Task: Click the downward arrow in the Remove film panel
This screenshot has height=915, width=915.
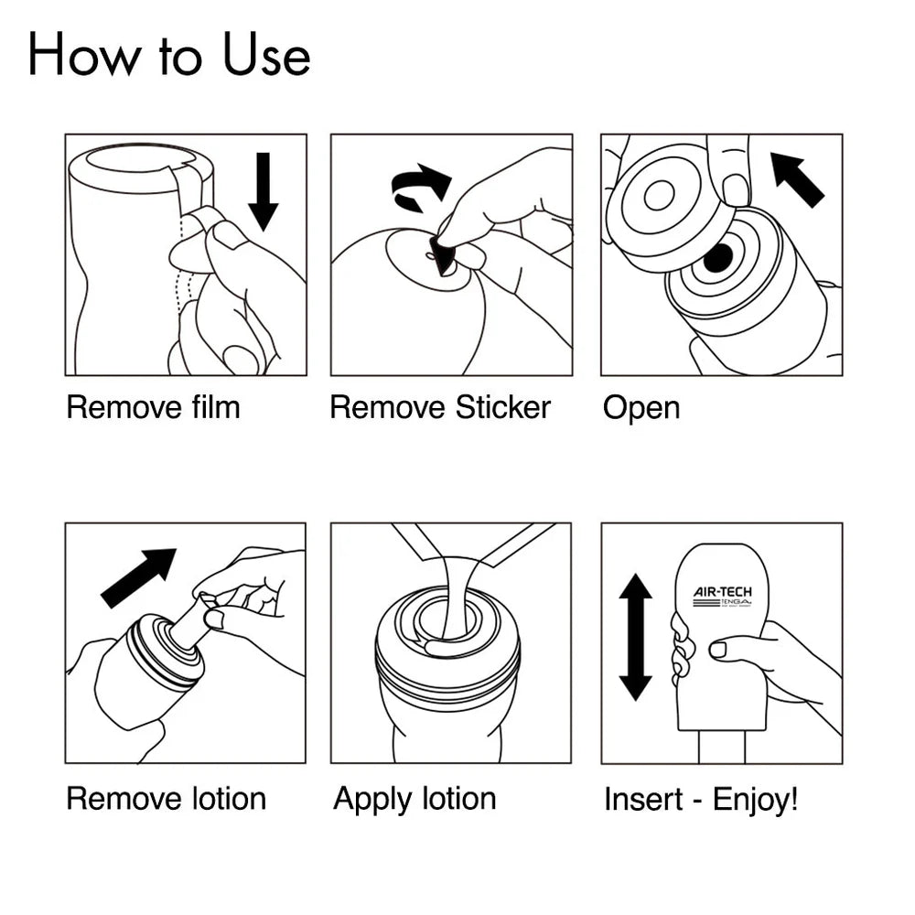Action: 264,190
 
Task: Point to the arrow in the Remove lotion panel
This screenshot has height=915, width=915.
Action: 138,577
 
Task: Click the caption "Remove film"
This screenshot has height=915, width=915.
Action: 153,407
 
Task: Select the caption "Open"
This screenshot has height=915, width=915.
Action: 641,408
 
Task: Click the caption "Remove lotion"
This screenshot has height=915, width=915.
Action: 166,799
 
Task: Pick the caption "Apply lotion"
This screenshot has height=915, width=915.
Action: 414,799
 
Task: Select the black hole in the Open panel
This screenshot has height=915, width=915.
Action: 718,259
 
